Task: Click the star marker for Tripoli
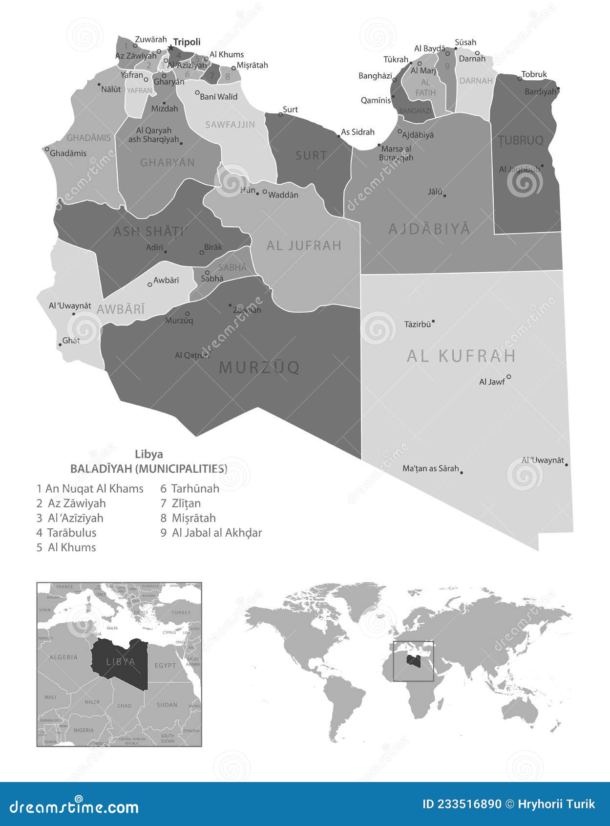coord(170,47)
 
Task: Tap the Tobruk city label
coord(534,74)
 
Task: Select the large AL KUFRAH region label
coord(461,356)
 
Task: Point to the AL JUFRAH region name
coord(304,245)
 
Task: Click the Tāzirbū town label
coord(418,324)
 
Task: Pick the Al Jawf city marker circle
coord(508,376)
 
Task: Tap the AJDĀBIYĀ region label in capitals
coord(429,229)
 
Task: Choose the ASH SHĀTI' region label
coord(150,231)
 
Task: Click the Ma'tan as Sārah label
coord(430,468)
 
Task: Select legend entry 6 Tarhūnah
coord(190,488)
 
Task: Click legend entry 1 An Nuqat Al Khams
coord(90,488)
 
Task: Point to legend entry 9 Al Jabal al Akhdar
coord(211,532)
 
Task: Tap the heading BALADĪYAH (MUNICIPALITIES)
coord(148,469)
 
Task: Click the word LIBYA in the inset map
coord(121,662)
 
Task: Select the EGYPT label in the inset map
coord(165,665)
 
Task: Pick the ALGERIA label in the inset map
coord(63,657)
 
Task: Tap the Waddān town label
coord(283,195)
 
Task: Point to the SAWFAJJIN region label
coord(230,125)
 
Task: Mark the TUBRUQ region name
coord(521,140)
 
